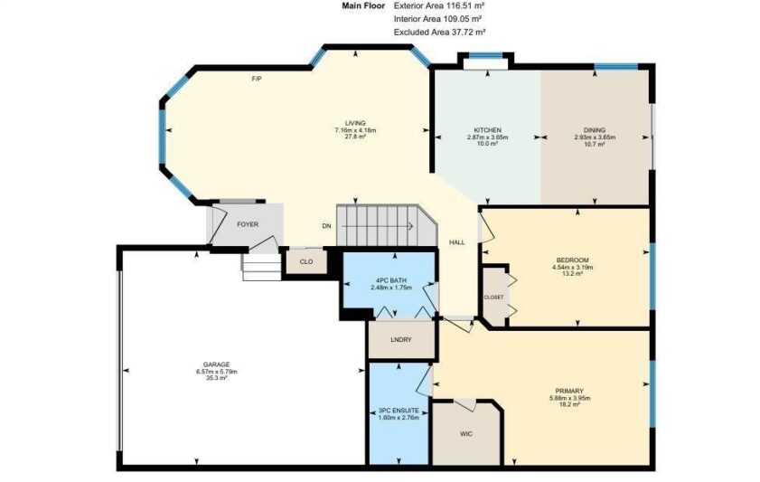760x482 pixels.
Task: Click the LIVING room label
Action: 355,123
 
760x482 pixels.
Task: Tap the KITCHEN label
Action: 487,130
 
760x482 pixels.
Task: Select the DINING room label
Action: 595,130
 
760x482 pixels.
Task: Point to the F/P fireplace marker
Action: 257,79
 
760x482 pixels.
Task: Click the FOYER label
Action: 248,224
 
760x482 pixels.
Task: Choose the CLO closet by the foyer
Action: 306,262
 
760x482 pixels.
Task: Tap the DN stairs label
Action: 327,226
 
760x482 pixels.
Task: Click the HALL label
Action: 456,242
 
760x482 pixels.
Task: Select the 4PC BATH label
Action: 390,280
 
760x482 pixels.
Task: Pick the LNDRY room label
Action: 401,340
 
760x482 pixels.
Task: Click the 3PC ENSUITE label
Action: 399,411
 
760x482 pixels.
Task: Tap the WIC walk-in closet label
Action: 465,434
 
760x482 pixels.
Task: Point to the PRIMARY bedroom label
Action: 569,392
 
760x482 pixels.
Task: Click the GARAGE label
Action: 217,365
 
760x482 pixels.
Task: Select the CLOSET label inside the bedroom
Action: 493,298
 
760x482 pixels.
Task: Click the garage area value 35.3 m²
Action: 217,378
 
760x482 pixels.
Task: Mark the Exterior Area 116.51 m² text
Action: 439,5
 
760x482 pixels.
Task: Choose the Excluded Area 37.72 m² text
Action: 439,33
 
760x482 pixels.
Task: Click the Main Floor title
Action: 363,5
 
